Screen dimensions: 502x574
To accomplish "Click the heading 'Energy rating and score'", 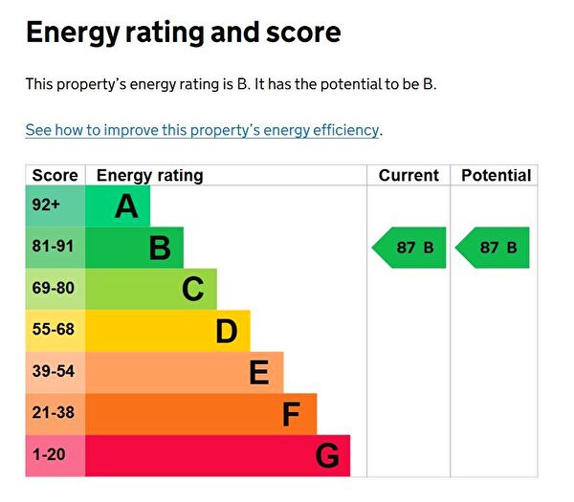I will pos(183,33).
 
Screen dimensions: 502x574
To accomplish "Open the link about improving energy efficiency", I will pos(203,130).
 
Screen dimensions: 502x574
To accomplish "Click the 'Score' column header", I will pos(55,175).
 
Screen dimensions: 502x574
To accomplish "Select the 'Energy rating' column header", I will pos(149,175).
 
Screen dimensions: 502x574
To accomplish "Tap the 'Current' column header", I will pos(408,175).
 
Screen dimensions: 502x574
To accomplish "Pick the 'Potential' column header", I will pos(496,175).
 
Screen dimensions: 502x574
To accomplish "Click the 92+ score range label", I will pos(46,205).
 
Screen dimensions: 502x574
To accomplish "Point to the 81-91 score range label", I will pos(53,247).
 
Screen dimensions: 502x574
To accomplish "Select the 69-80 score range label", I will pos(53,288).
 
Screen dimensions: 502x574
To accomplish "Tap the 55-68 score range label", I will pos(53,330).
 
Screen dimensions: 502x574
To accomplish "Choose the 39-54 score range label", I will pos(53,371).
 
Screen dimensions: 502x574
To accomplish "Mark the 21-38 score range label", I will pos(53,413).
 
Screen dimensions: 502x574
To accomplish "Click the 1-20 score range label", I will pos(49,455).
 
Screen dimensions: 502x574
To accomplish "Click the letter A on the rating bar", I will pos(126,206).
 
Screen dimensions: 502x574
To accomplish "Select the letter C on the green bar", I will pos(192,289).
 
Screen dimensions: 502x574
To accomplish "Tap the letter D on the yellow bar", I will pos(226,331).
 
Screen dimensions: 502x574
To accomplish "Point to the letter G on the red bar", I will pos(326,456).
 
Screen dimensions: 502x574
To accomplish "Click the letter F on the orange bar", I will pos(292,414).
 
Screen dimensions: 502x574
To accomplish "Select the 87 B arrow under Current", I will pos(409,248).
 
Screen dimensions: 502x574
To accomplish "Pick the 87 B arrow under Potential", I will pos(493,248).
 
